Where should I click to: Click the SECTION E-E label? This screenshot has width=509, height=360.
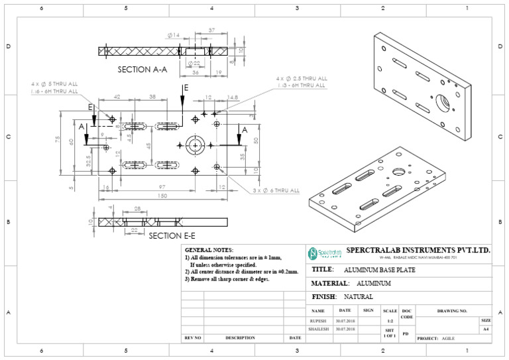pos(172,235)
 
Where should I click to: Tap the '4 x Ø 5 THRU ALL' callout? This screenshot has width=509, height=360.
pos(54,84)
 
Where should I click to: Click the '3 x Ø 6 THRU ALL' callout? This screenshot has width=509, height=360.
pos(275,190)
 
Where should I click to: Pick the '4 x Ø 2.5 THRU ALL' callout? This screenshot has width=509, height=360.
pos(302,78)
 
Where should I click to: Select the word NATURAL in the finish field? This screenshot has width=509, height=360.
pos(358,296)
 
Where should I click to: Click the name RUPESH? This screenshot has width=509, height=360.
pos(318,320)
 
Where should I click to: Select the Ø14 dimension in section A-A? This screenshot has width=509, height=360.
pos(174,34)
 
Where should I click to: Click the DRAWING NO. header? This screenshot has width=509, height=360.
pos(453,310)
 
